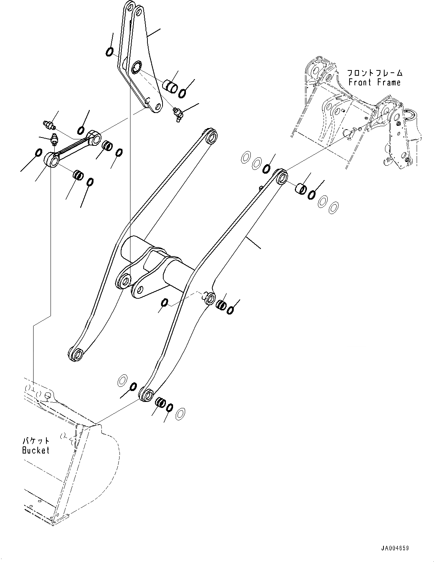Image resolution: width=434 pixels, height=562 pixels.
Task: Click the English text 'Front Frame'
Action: [374, 82]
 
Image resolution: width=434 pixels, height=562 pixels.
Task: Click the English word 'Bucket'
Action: [35, 450]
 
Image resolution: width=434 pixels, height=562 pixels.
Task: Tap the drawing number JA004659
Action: [395, 548]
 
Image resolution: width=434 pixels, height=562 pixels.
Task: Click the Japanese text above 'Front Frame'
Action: [374, 73]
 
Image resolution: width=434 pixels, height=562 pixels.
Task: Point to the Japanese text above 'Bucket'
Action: [35, 440]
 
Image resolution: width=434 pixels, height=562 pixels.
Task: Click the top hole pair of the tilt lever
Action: [133, 9]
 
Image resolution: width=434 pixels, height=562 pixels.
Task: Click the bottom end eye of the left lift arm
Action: [76, 354]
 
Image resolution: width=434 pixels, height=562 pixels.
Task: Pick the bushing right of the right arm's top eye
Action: [301, 188]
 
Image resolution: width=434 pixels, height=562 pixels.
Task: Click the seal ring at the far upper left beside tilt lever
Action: [109, 52]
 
